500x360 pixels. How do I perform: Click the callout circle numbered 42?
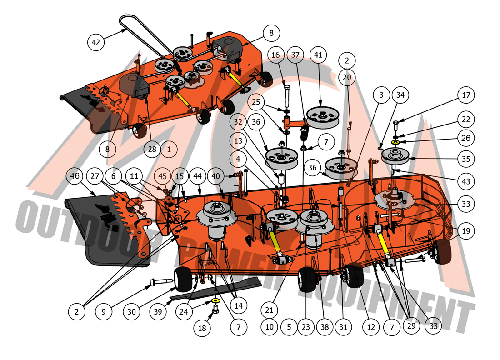[95, 42]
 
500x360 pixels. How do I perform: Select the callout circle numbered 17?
[466, 95]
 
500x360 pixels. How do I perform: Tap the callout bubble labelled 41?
[318, 55]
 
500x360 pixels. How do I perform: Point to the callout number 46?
[75, 176]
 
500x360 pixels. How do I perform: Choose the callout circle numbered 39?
[158, 311]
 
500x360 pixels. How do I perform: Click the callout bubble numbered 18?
[202, 328]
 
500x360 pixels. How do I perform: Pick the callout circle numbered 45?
[163, 176]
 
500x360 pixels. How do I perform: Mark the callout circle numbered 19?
[466, 230]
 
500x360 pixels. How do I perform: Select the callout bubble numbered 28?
[152, 149]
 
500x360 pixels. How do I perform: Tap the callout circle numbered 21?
[269, 310]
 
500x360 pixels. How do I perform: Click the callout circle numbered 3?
[381, 95]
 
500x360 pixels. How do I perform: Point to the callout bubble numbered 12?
[371, 326]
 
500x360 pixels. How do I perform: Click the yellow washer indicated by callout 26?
[396, 141]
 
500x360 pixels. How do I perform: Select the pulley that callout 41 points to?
[323, 117]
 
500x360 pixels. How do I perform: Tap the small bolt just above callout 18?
[216, 309]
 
